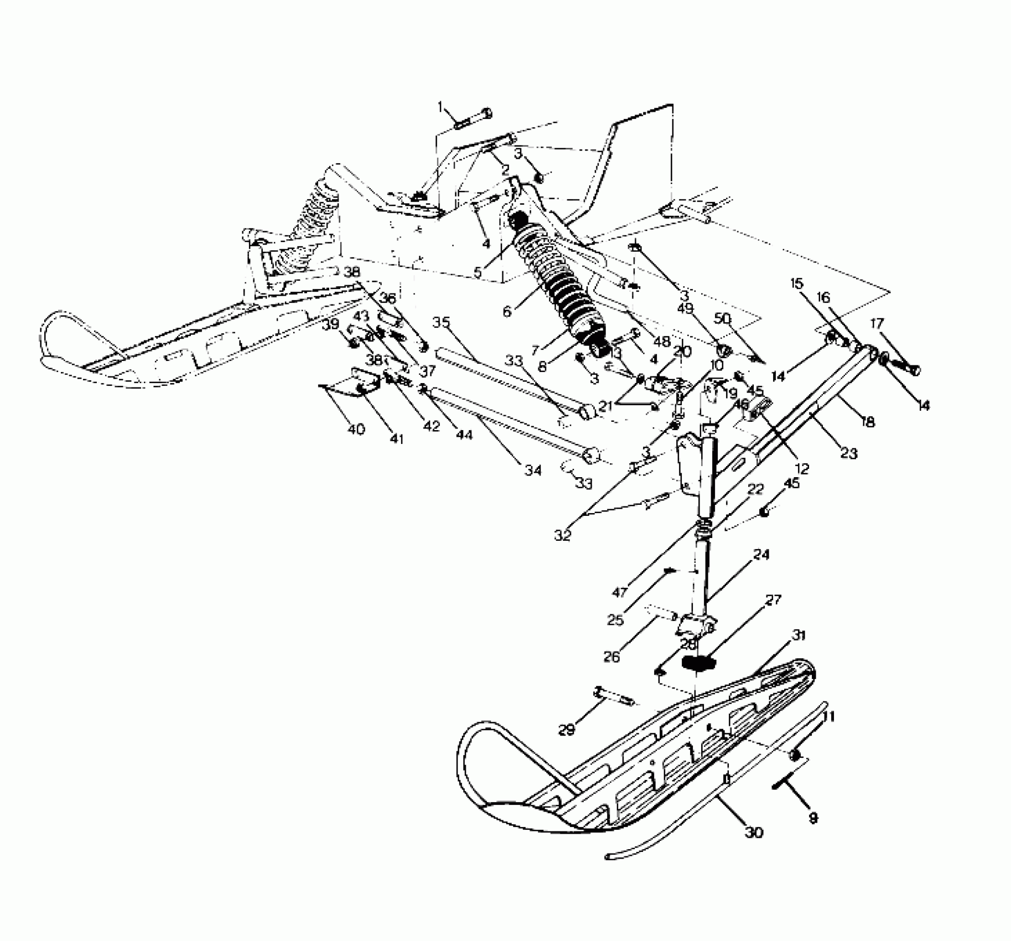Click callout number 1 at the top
pos(441,106)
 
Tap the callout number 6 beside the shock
pos(507,312)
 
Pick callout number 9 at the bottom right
pos(813,818)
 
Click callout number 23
pos(848,453)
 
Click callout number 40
pos(356,429)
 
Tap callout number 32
pos(563,535)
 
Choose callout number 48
pos(662,342)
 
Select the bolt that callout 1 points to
pos(475,119)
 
